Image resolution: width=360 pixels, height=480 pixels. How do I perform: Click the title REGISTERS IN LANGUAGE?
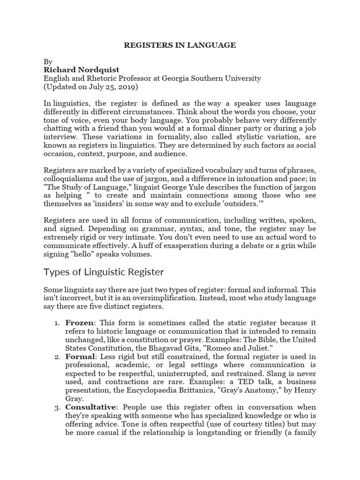(x=180, y=45)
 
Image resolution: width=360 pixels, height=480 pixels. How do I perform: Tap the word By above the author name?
(x=48, y=62)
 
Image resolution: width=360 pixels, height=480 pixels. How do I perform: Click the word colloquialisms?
(x=69, y=179)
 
